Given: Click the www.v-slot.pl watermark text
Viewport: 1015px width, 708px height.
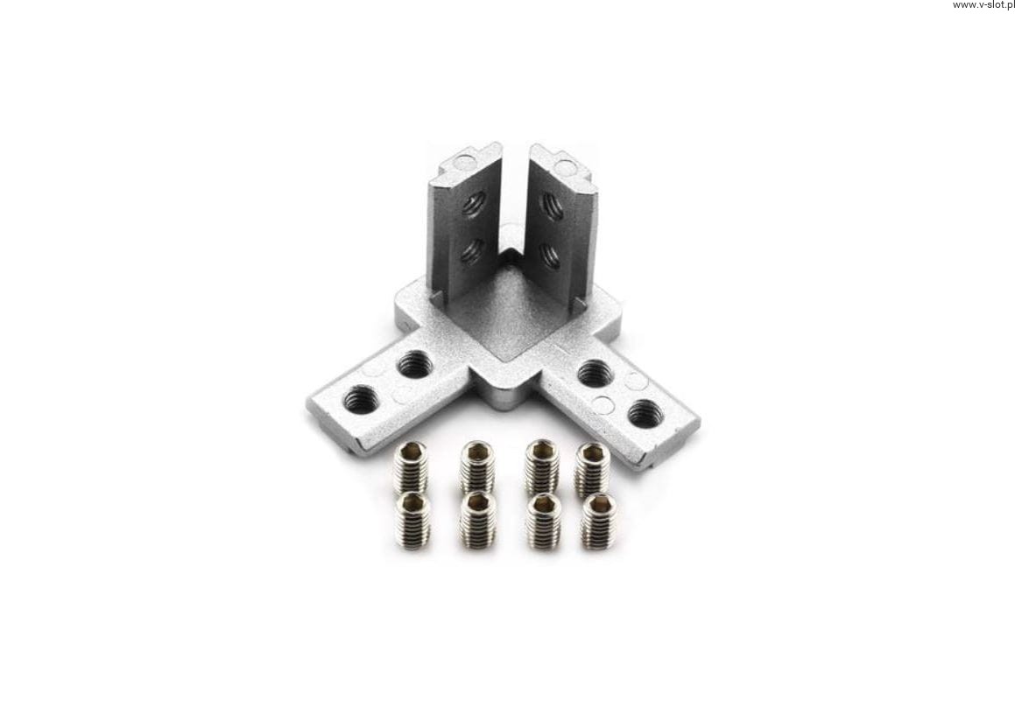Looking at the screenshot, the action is (x=983, y=5).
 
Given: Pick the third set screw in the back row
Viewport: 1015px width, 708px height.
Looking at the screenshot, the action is (x=542, y=465).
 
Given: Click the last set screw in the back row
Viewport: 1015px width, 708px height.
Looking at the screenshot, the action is (x=592, y=467).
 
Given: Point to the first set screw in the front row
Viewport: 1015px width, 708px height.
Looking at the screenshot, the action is (x=412, y=518).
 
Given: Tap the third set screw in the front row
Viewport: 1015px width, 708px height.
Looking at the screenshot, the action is (x=542, y=520).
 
